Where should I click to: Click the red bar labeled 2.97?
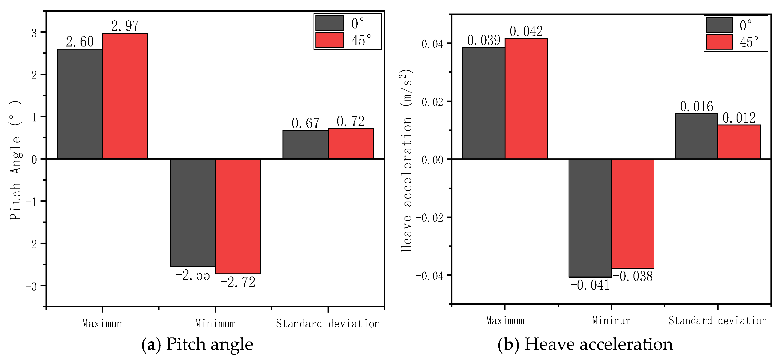125,96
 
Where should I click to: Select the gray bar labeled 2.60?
80,104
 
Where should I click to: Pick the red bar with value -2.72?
238,216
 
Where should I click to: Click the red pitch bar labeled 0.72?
351,144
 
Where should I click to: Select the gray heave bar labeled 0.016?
697,136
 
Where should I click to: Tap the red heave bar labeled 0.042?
526,99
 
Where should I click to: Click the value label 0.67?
305,123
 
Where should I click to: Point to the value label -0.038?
633,276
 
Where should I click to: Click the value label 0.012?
739,118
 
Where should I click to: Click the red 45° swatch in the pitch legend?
330,40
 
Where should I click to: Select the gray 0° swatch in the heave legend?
719,25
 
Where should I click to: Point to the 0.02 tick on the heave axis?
433,102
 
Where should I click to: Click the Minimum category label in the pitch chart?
215,324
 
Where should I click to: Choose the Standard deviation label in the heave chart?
718,321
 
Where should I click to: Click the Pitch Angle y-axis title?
16,160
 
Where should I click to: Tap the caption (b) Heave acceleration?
585,344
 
